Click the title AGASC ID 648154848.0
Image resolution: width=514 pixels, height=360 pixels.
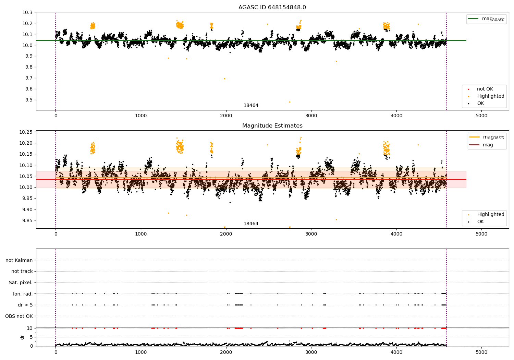pyautogui.click(x=272, y=7)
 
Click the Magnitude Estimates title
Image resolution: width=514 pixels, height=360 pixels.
pyautogui.click(x=272, y=125)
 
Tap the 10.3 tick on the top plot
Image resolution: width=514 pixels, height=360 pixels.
pyautogui.click(x=27, y=12)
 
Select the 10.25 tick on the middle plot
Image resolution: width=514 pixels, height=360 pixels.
pyautogui.click(x=26, y=132)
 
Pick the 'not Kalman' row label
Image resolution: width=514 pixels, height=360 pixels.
pyautogui.click(x=19, y=260)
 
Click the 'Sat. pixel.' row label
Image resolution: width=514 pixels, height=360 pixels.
pyautogui.click(x=21, y=283)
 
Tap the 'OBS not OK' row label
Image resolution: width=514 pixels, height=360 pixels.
pyautogui.click(x=19, y=316)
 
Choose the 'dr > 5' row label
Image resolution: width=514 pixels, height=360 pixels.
pyautogui.click(x=25, y=305)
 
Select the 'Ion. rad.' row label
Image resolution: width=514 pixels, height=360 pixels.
pyautogui.click(x=23, y=293)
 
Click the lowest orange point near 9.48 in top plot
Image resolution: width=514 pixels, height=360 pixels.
pyautogui.click(x=290, y=102)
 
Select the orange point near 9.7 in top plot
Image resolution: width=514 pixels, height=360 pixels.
pyautogui.click(x=224, y=79)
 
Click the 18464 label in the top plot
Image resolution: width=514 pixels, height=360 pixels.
pyautogui.click(x=251, y=105)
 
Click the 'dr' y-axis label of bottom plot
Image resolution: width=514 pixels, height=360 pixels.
pyautogui.click(x=22, y=337)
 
